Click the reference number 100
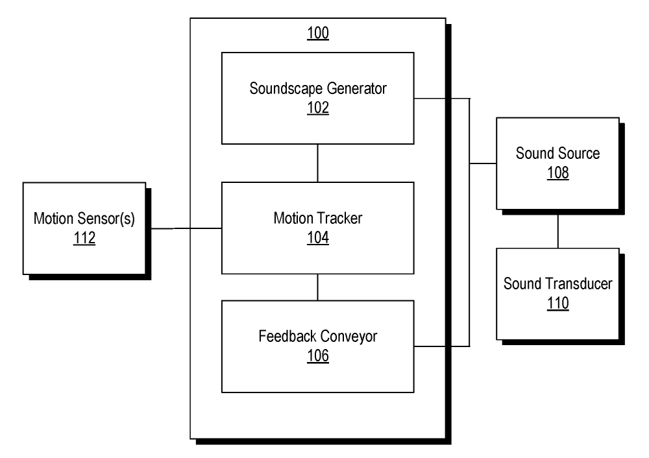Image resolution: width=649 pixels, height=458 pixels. (x=318, y=33)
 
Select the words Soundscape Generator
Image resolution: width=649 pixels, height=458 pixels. (x=318, y=89)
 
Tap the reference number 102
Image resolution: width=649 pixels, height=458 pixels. (x=318, y=108)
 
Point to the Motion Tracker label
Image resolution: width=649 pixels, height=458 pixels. (x=318, y=219)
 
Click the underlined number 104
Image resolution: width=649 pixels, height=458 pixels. (x=318, y=238)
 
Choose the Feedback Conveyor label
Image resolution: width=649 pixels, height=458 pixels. (x=318, y=337)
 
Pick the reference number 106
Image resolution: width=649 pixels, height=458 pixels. (x=318, y=356)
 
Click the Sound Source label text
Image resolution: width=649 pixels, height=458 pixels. (x=557, y=154)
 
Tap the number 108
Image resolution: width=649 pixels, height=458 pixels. (x=557, y=173)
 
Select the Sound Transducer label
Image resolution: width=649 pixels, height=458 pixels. (x=557, y=283)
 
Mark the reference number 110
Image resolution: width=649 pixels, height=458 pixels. (x=557, y=303)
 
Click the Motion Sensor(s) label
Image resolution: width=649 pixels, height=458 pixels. (x=84, y=219)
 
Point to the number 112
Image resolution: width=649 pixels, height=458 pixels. (x=84, y=238)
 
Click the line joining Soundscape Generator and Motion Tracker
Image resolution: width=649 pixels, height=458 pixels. (x=317, y=163)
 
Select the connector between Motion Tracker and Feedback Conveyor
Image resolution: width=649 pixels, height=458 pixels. (x=317, y=287)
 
